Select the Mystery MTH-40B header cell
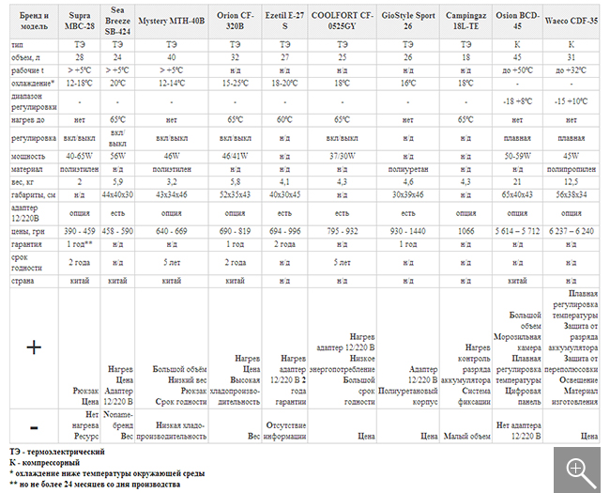click(172, 19)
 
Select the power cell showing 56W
click(119, 155)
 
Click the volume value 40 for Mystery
click(172, 57)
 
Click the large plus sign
click(34, 347)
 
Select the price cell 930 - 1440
click(407, 228)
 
